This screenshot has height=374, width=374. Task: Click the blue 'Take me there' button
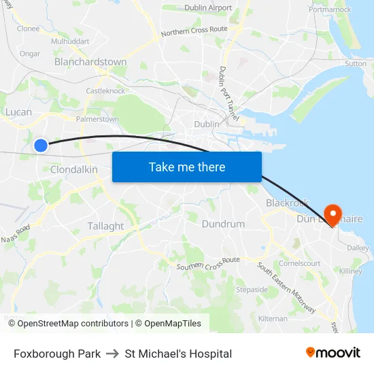click(x=187, y=167)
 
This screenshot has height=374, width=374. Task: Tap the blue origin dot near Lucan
click(x=41, y=145)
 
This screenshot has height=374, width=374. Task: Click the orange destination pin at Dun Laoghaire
click(x=333, y=214)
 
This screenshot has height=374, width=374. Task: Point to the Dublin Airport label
click(x=208, y=8)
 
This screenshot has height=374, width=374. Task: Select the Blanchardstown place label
click(x=90, y=62)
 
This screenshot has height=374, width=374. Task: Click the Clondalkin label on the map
click(x=74, y=169)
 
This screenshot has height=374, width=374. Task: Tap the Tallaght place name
click(x=105, y=226)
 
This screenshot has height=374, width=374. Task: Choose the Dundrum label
click(x=223, y=224)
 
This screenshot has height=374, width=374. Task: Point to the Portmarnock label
click(x=330, y=10)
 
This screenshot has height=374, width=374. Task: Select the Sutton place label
click(x=355, y=63)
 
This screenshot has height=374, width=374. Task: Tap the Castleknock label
click(x=105, y=90)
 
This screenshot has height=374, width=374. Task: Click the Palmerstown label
click(x=97, y=119)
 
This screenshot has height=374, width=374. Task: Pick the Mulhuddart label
click(x=70, y=41)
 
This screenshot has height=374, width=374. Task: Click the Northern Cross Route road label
click(x=194, y=31)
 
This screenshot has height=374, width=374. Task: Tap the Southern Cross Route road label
click(x=208, y=264)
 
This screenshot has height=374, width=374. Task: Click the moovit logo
click(x=333, y=353)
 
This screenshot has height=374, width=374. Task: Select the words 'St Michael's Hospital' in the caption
click(x=178, y=354)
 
